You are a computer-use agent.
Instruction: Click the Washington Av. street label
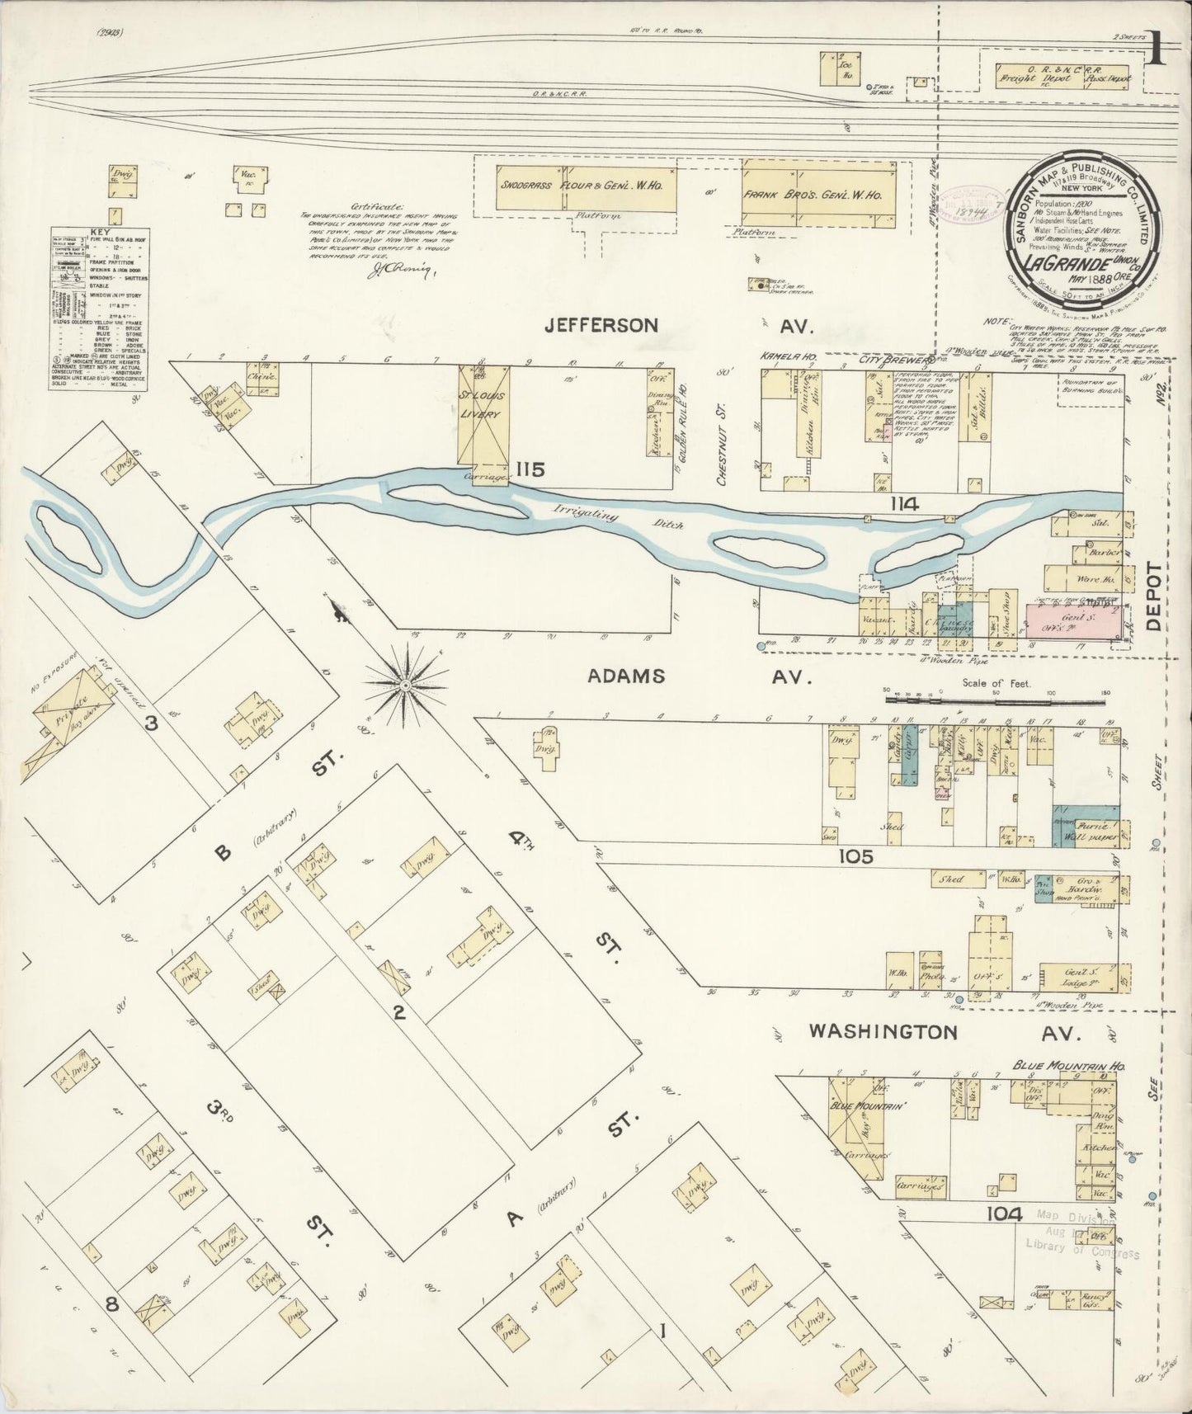click(x=883, y=1031)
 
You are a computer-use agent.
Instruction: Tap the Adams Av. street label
click(x=625, y=676)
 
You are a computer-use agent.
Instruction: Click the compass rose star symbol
click(x=406, y=685)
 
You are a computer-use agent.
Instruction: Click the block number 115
click(x=530, y=469)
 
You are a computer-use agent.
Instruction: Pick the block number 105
click(x=855, y=857)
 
